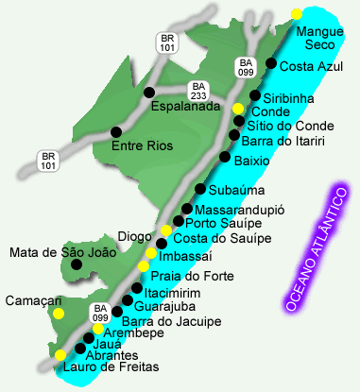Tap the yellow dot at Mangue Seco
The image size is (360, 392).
click(x=297, y=14)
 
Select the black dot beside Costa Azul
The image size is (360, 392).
click(x=271, y=64)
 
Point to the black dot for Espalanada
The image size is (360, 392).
click(x=149, y=92)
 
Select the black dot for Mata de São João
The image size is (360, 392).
click(x=76, y=265)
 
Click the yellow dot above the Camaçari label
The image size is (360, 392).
click(x=59, y=313)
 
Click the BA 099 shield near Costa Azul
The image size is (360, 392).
click(x=244, y=68)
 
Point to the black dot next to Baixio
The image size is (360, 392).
click(x=224, y=157)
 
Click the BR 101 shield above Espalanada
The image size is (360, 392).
click(x=168, y=42)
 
